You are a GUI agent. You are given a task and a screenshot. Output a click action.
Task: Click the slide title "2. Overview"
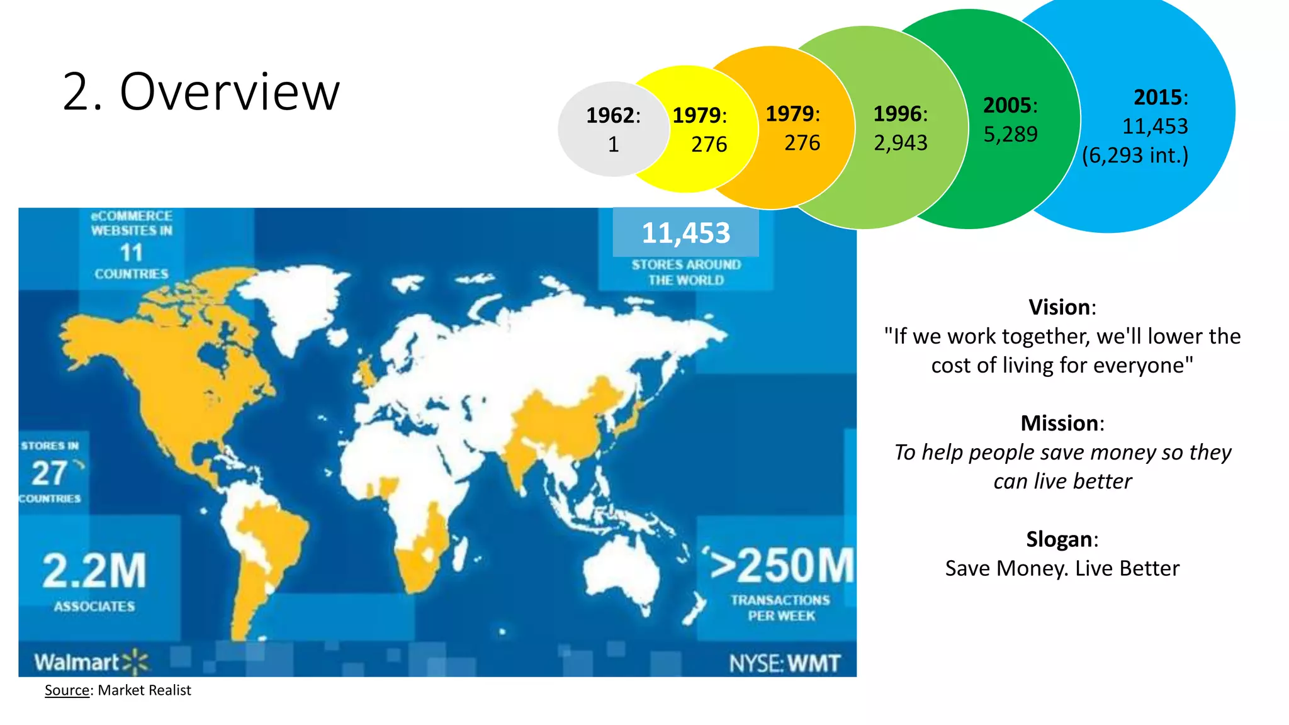(x=201, y=92)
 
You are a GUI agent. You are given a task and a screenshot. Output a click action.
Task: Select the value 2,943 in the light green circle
(x=900, y=143)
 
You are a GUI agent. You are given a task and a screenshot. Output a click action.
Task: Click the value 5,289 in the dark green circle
(x=1010, y=135)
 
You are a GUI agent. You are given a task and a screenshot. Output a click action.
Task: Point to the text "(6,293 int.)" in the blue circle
(x=1135, y=155)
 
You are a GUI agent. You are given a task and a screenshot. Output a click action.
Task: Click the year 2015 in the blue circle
(x=1157, y=98)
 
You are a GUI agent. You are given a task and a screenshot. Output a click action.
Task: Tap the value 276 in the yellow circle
(x=709, y=145)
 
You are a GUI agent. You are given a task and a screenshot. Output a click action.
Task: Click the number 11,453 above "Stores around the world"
(x=685, y=233)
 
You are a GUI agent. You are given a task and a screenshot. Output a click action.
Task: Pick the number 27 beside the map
(x=49, y=473)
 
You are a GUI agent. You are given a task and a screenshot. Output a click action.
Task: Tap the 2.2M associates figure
(x=94, y=571)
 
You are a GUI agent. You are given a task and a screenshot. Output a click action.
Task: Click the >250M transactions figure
(x=781, y=566)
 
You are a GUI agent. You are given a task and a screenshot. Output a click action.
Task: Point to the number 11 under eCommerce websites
(x=132, y=253)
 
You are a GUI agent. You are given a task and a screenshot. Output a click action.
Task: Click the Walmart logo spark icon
(x=136, y=662)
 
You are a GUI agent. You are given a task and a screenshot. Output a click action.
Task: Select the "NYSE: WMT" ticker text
(x=784, y=663)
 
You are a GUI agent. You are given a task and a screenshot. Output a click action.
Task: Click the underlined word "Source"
(x=67, y=690)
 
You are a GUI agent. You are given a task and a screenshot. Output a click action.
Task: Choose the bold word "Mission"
(x=1059, y=424)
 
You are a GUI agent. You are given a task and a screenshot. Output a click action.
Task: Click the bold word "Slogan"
(x=1059, y=539)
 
